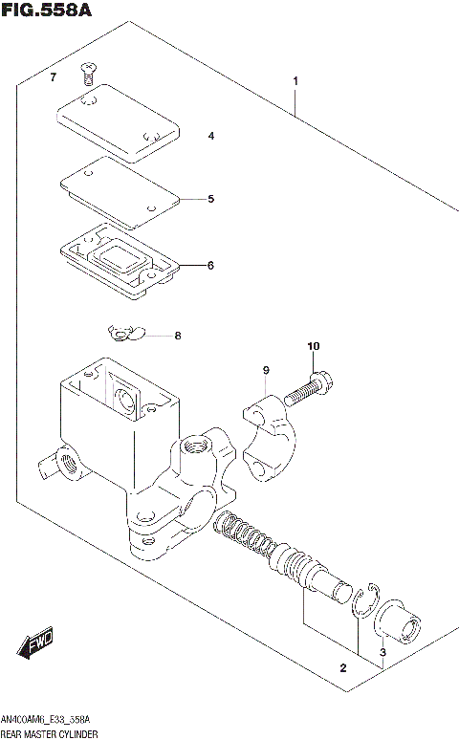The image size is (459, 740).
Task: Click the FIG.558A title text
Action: click(45, 12)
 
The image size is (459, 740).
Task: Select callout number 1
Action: click(295, 81)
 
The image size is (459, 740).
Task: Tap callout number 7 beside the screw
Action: click(54, 76)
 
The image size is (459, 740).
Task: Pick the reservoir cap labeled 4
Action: click(119, 121)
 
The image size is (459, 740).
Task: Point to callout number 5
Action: click(210, 199)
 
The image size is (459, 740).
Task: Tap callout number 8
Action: click(176, 336)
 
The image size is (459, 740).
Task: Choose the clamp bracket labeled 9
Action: click(272, 435)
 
